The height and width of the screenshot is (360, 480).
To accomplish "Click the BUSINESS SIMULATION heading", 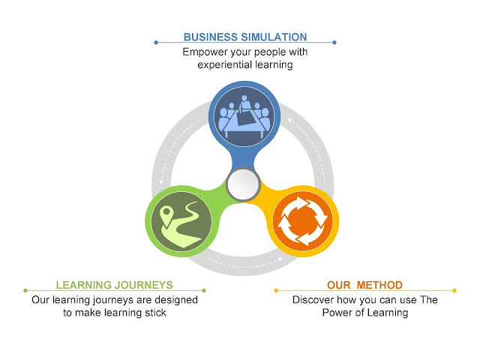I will click(x=244, y=37).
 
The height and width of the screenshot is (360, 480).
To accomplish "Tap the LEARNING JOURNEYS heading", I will click(x=114, y=285).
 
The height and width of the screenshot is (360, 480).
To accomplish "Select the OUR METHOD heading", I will click(x=364, y=285).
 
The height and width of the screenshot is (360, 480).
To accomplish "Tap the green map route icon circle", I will click(x=179, y=221).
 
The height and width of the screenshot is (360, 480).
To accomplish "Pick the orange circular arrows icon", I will click(x=304, y=221).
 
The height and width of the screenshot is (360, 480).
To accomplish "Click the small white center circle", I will click(x=241, y=184).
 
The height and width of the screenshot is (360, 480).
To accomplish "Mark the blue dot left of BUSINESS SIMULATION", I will click(x=155, y=42).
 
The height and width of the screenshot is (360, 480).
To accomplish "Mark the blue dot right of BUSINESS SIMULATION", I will click(x=334, y=42).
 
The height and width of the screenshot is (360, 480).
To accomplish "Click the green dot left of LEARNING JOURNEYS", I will click(x=25, y=290).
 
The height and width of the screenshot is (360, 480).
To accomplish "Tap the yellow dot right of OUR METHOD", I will click(x=454, y=290).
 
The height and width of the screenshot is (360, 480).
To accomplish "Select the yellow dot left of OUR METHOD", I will click(x=276, y=290).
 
